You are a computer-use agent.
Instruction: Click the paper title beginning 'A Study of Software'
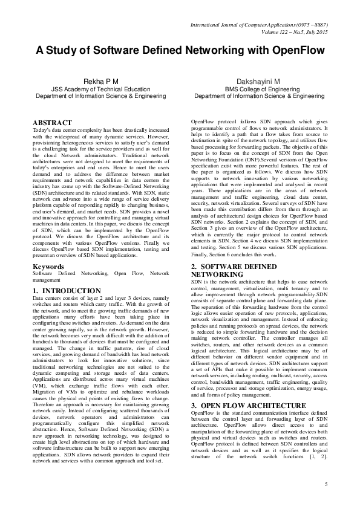pos(180,50)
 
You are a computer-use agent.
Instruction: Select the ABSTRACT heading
pos(52,123)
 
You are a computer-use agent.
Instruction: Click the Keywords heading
pos(48,267)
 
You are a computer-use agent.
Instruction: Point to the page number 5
pos(326,485)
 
